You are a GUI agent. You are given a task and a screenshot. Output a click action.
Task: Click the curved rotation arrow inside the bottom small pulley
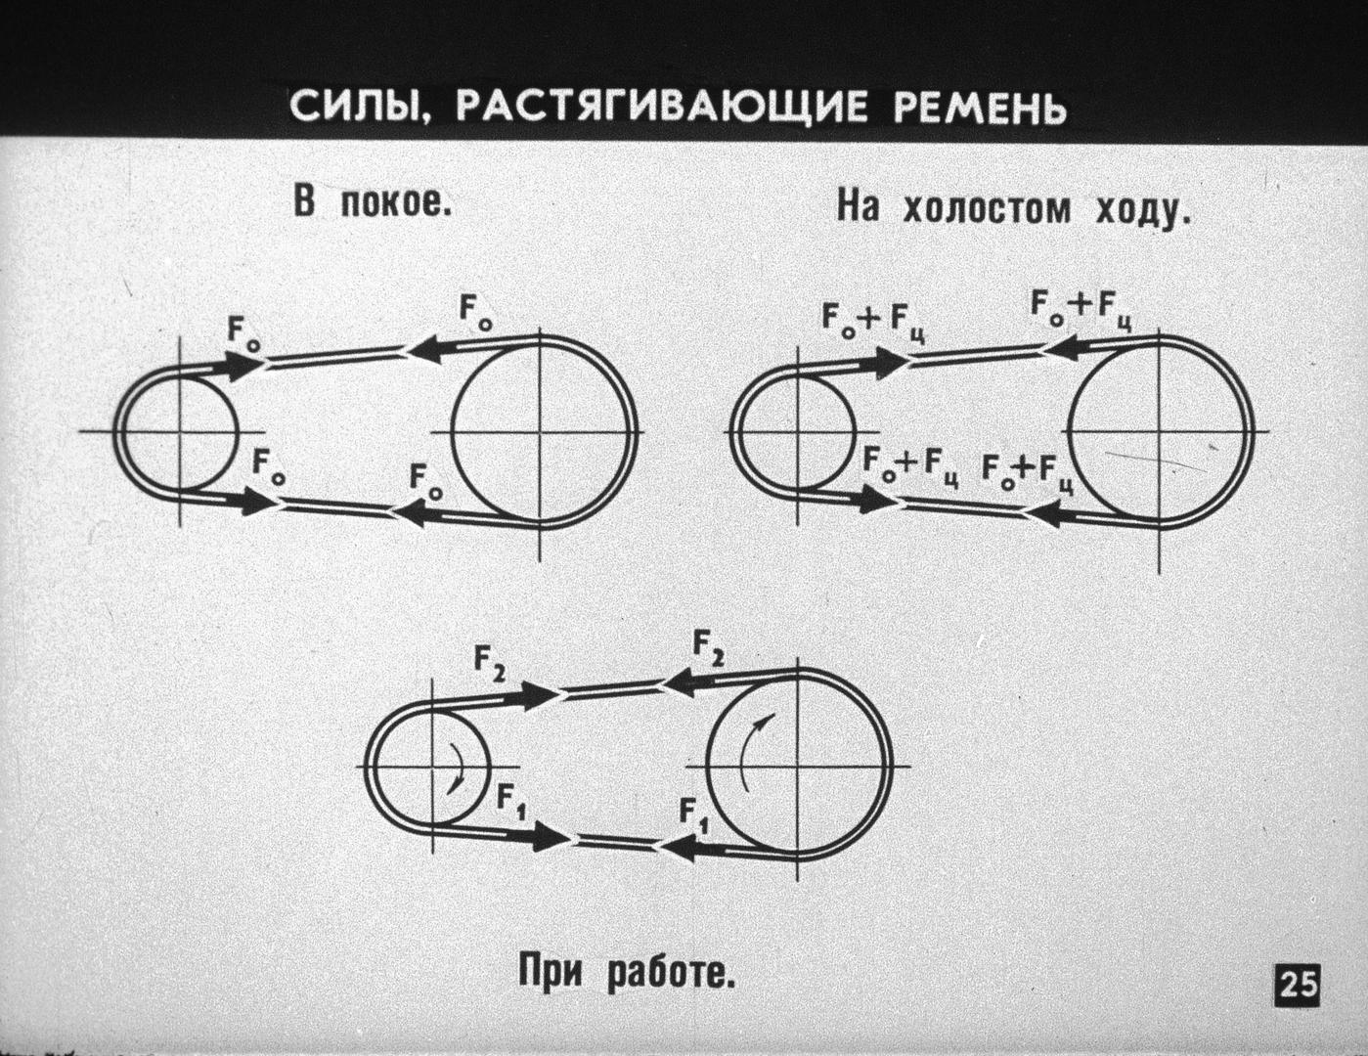[458, 768]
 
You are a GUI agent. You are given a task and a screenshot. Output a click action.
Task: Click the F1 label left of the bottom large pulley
[692, 814]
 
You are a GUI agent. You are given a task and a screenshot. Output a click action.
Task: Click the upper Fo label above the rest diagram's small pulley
[244, 335]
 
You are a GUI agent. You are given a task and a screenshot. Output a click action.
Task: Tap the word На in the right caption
[858, 208]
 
